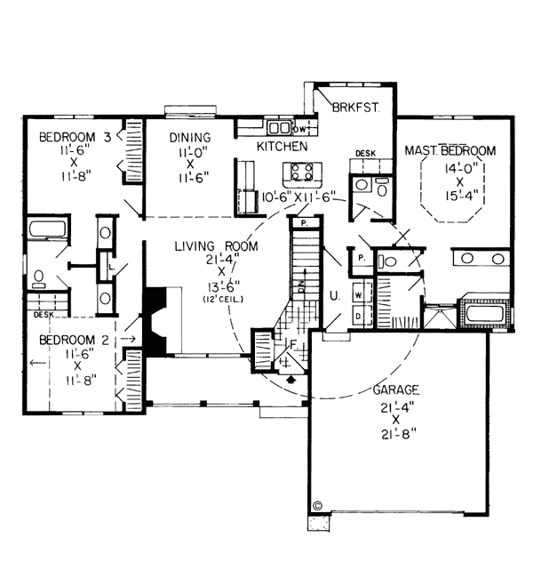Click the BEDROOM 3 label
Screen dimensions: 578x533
point(75,138)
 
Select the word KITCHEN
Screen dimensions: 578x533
point(282,146)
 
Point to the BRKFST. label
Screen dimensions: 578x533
point(355,108)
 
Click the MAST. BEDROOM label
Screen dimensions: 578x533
point(449,150)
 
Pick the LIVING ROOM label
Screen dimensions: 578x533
point(217,246)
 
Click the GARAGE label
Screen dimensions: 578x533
point(395,390)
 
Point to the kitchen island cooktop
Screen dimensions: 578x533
point(299,171)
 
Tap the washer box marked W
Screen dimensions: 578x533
point(358,293)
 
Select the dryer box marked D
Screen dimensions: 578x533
point(358,315)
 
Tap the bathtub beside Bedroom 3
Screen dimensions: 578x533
point(43,229)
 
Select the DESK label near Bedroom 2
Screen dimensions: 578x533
point(43,314)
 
